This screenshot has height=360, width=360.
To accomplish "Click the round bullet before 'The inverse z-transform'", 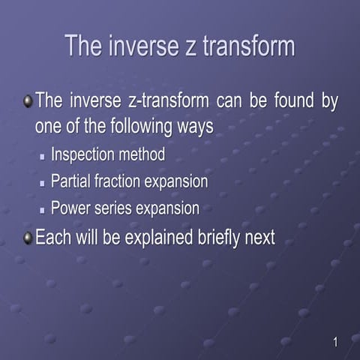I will pyautogui.click(x=28, y=101).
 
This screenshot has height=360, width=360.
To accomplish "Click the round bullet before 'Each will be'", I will pyautogui.click(x=28, y=238).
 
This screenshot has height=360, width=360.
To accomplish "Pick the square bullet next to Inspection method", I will pyautogui.click(x=43, y=158).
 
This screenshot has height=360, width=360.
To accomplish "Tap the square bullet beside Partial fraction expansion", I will pyautogui.click(x=43, y=183).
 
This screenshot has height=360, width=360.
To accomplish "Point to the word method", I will pyautogui.click(x=143, y=155).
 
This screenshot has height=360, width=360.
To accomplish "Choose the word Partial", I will pyautogui.click(x=72, y=181).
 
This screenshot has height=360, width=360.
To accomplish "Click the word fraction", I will pyautogui.click(x=122, y=181).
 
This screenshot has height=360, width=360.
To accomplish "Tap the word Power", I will pyautogui.click(x=71, y=208).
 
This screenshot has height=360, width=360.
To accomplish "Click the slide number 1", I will pyautogui.click(x=335, y=343).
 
